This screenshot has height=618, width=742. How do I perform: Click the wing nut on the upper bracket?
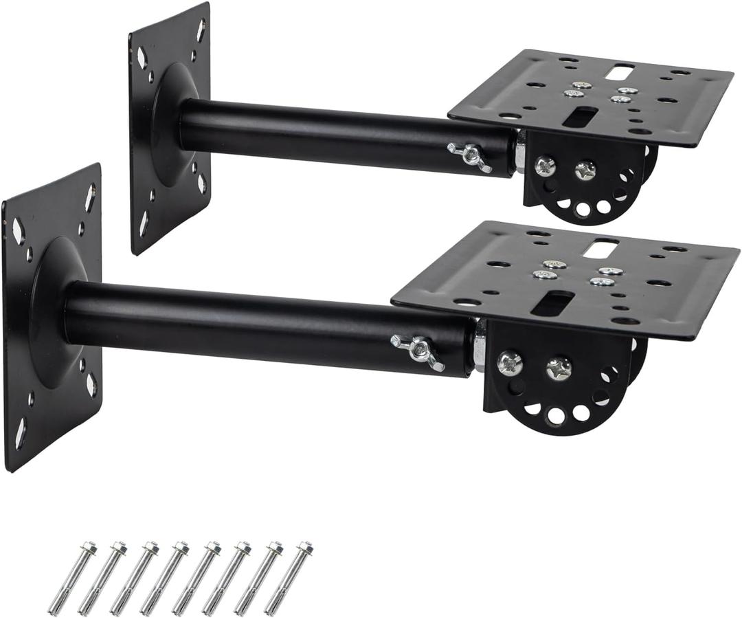469,156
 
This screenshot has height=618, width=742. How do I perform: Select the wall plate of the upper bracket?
169,127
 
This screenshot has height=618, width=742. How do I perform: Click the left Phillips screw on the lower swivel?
510,362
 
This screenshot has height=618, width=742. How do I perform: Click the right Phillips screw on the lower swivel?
558,368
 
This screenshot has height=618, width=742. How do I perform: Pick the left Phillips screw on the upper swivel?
545,165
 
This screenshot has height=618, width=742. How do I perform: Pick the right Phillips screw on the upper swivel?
585,170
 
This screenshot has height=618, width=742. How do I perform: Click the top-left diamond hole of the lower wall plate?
19,231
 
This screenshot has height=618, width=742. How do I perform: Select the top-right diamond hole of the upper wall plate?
200,30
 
